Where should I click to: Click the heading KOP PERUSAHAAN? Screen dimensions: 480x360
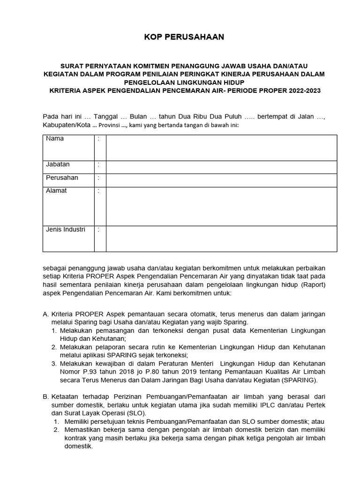184,37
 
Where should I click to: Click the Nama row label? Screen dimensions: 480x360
55,139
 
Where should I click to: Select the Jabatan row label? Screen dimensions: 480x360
58,165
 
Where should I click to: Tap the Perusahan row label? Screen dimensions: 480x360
62,178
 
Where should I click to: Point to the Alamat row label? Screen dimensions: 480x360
56,191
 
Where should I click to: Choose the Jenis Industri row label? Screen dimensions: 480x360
66,230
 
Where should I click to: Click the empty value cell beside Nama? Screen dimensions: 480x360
221,148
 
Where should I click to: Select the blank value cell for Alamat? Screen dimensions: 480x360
221,206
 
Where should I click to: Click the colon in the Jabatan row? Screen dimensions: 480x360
98,165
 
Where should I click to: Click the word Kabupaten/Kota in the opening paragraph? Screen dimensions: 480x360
65,125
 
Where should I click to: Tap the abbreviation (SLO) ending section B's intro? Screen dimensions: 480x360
135,413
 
